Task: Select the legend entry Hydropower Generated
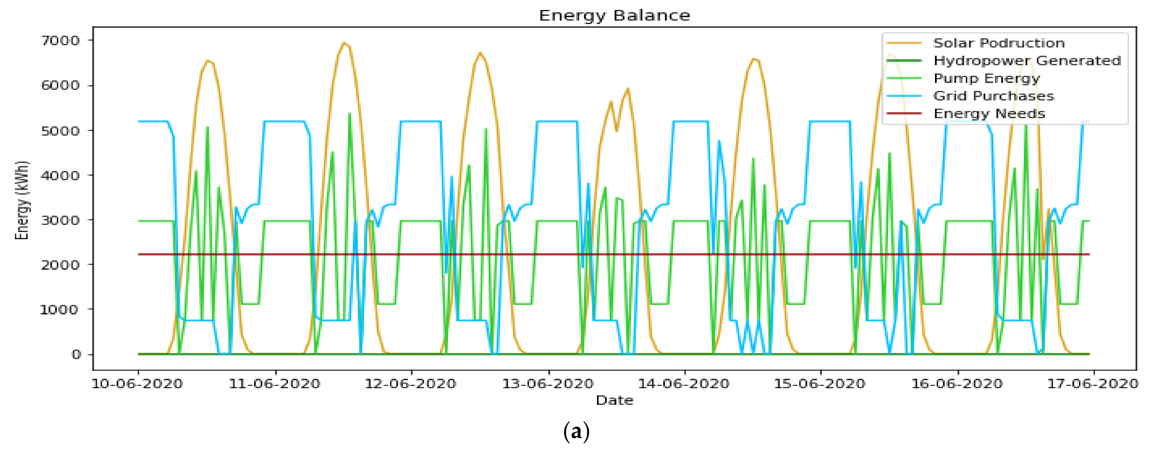(x=1027, y=60)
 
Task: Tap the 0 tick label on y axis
(x=76, y=354)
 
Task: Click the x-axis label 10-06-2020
(x=137, y=383)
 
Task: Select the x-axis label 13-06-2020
(x=548, y=383)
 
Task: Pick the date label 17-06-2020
(x=1093, y=383)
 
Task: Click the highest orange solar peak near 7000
(x=343, y=43)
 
